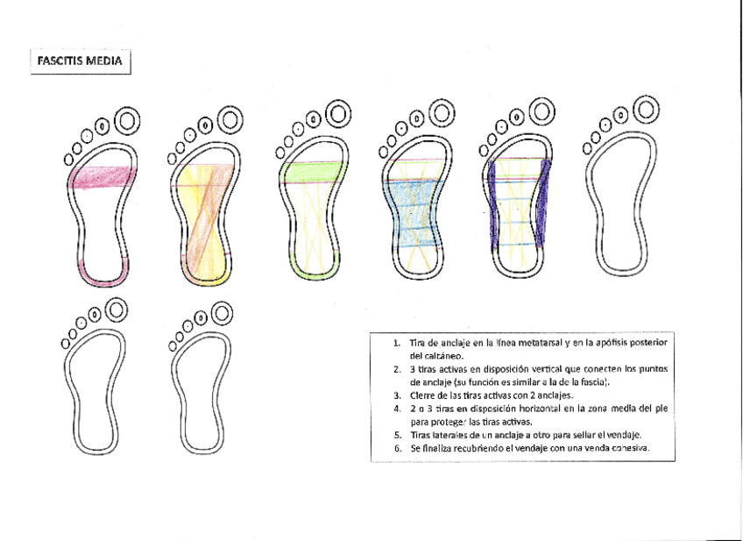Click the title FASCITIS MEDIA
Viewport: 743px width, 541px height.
point(79,62)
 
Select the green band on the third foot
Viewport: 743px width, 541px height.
point(312,172)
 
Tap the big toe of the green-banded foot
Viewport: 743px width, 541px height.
point(338,113)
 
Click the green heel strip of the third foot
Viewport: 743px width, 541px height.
point(311,270)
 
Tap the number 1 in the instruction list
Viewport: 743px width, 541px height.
point(396,342)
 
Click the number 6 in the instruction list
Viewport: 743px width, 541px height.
point(397,448)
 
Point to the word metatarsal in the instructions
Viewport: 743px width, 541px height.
point(520,342)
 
